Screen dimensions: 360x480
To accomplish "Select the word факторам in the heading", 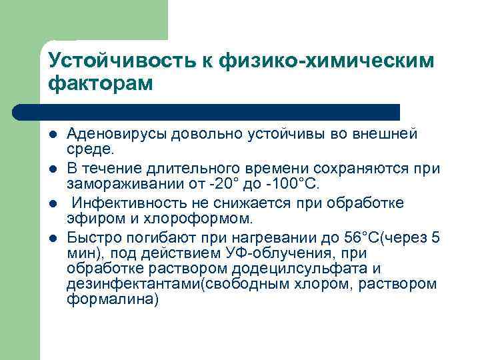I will (101, 85).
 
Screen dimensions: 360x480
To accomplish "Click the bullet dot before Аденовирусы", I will (53, 135).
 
